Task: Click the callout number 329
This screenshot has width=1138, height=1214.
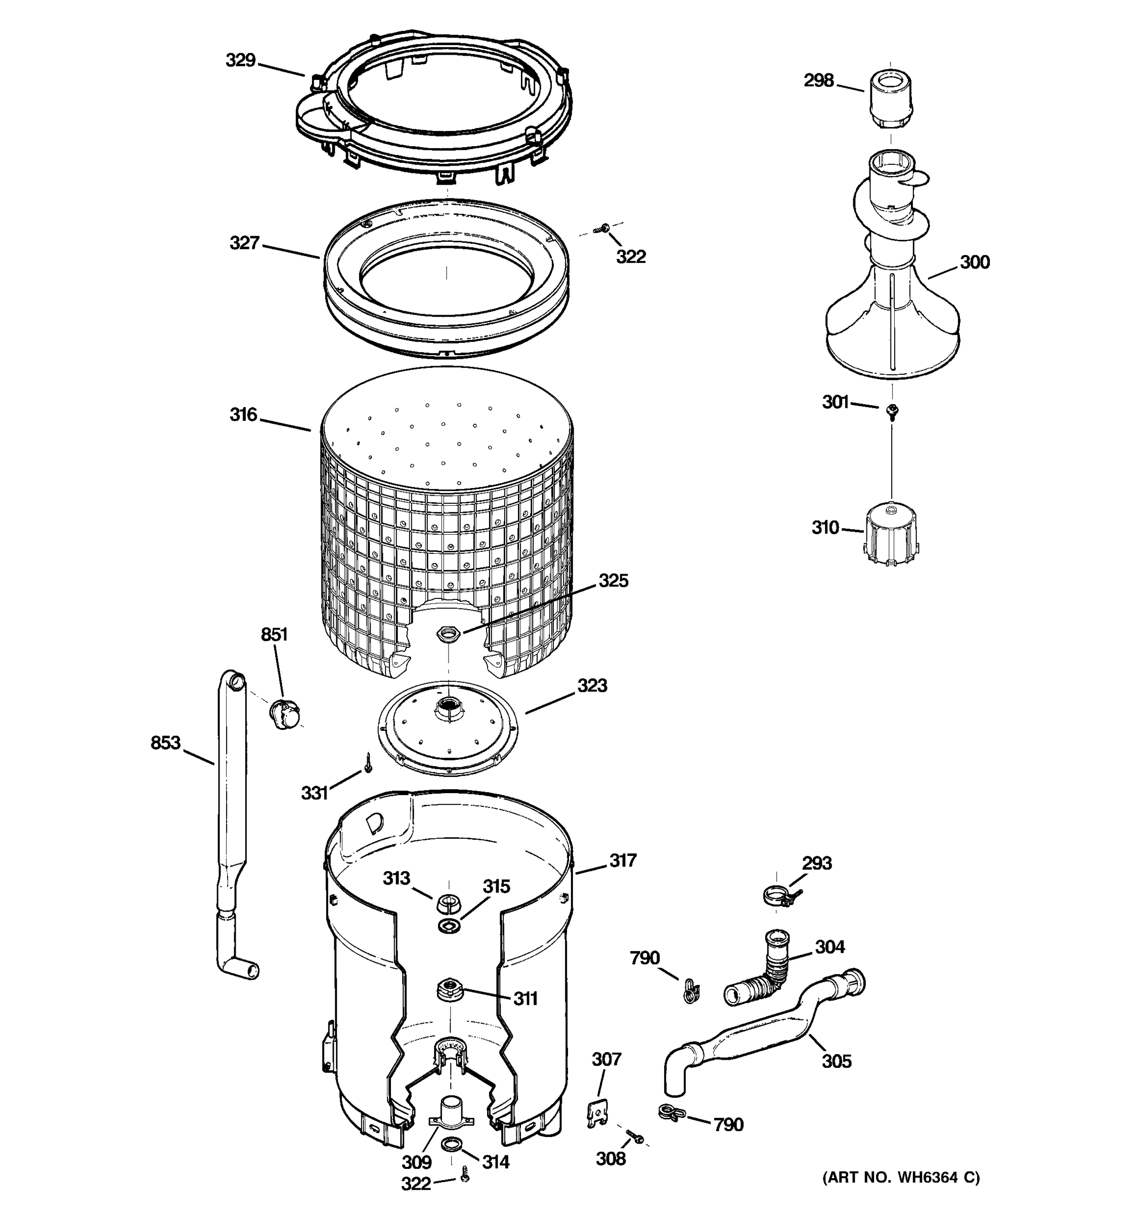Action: (241, 61)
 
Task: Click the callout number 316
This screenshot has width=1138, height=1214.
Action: (243, 415)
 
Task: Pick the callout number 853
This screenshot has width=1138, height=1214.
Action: (165, 743)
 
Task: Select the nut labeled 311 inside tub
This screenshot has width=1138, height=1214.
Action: (449, 988)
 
